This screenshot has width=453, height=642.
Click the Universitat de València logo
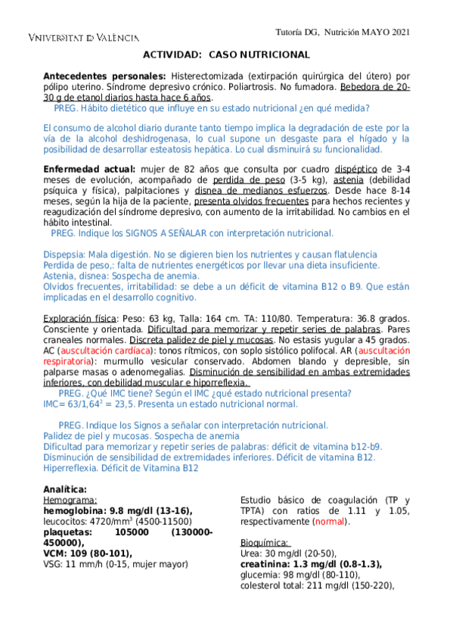coord(83,37)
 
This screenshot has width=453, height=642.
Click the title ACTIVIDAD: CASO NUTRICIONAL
coord(226,55)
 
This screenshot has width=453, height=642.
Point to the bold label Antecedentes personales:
coord(104,76)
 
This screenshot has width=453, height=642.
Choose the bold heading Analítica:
coord(65,489)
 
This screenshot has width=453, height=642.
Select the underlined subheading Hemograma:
coord(70,500)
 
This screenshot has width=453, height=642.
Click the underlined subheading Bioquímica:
coord(265,543)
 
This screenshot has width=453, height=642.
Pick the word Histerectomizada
coord(207,76)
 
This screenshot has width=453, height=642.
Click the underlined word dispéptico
coord(358,169)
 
